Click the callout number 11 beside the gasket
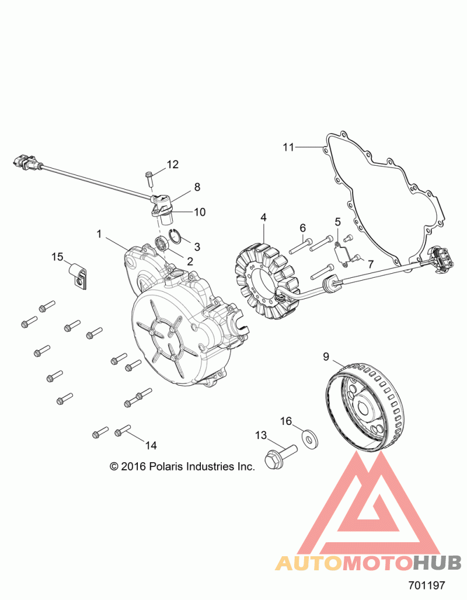288,146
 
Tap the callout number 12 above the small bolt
173,165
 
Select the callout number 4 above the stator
263,217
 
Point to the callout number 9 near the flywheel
326,357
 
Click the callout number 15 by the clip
57,257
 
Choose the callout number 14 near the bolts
151,445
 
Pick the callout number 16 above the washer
286,421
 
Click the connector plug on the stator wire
442,260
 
